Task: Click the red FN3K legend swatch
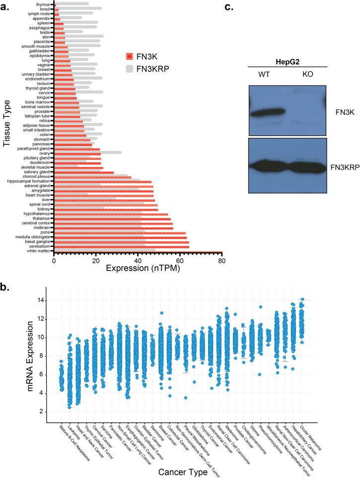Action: tap(131, 56)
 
